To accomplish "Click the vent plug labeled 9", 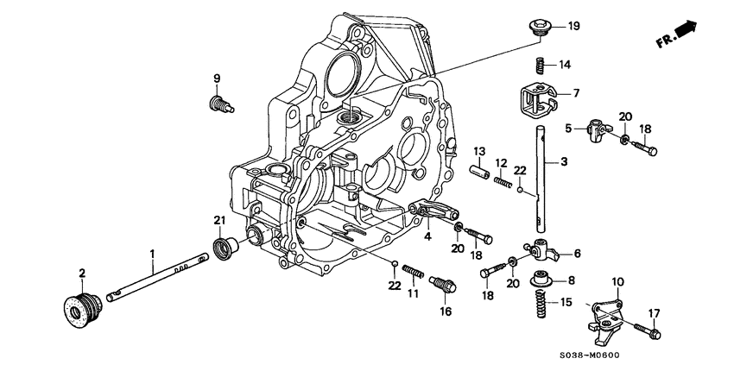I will pyautogui.click(x=218, y=105).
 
